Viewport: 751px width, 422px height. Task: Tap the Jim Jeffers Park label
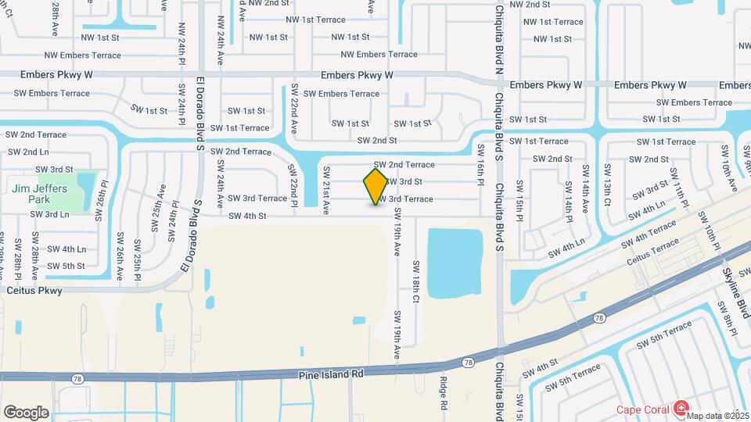coord(40,194)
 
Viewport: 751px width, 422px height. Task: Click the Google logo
coord(26,412)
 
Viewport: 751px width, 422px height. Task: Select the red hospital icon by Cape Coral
coord(681,408)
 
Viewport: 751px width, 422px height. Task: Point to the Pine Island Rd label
coord(332,374)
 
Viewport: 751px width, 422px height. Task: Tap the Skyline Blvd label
coord(731,283)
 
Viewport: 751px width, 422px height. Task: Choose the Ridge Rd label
coord(443,393)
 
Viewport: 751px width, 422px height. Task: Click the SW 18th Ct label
coord(416,281)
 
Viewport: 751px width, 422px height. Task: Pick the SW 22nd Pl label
coord(295,185)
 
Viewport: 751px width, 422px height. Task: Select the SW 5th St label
coord(66,266)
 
